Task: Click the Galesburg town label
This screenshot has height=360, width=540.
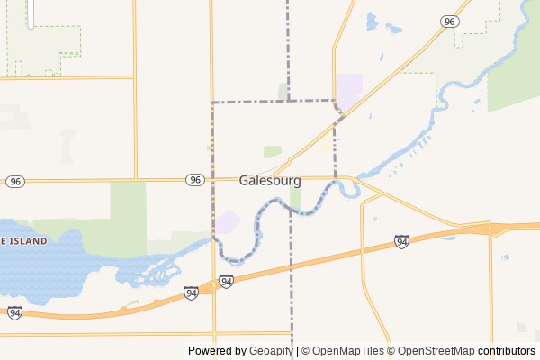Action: [x=270, y=180]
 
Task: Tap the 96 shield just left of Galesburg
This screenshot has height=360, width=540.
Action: [x=194, y=180]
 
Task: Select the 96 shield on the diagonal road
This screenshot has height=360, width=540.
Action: [x=449, y=21]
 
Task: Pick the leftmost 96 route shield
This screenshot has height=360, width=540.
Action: [x=14, y=182]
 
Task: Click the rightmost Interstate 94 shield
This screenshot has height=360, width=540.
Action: [x=401, y=241]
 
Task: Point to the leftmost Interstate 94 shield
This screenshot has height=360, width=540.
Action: [x=14, y=312]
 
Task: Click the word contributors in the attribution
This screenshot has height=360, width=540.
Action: [x=506, y=351]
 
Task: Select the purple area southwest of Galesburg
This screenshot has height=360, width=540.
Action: [x=229, y=221]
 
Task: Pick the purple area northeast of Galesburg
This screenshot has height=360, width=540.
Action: [x=348, y=88]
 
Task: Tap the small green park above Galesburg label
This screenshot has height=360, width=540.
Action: [x=272, y=151]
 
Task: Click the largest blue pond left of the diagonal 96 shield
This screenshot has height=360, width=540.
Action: [x=372, y=20]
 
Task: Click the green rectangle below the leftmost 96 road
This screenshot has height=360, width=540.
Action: [x=128, y=207]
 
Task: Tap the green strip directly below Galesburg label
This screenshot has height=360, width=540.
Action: [x=294, y=197]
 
